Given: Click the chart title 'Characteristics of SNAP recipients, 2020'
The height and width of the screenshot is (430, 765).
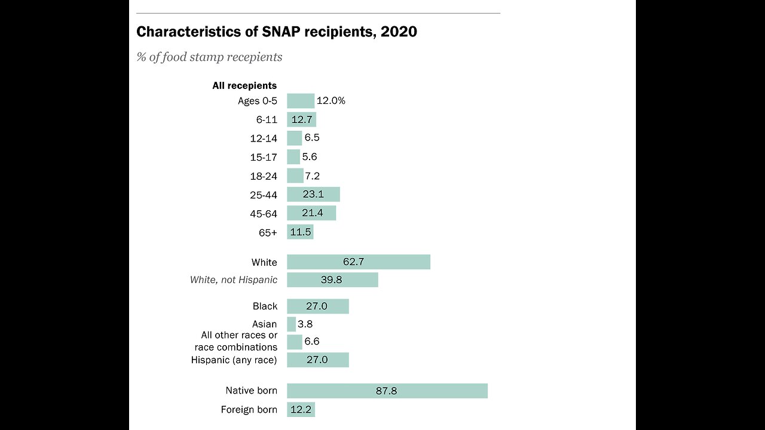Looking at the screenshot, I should pyautogui.click(x=277, y=32).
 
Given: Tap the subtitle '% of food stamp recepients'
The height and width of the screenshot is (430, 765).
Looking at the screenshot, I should pyautogui.click(x=209, y=57).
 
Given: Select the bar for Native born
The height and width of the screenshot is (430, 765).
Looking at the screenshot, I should pyautogui.click(x=387, y=391).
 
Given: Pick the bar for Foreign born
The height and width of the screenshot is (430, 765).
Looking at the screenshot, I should pyautogui.click(x=301, y=410).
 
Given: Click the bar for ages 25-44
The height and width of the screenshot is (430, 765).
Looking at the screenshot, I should pyautogui.click(x=313, y=194).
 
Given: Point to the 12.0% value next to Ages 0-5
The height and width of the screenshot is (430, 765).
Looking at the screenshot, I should pyautogui.click(x=331, y=101).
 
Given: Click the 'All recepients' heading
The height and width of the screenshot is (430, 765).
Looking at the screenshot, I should pyautogui.click(x=244, y=85).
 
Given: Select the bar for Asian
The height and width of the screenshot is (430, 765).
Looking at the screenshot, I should pyautogui.click(x=291, y=324).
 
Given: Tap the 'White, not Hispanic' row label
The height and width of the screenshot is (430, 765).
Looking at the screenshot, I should pyautogui.click(x=234, y=279).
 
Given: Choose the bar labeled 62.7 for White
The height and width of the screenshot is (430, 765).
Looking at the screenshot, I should pyautogui.click(x=359, y=262).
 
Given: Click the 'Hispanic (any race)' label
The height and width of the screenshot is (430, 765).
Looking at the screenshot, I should pyautogui.click(x=234, y=360).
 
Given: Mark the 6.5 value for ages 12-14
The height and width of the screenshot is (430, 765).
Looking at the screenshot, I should pyautogui.click(x=312, y=138).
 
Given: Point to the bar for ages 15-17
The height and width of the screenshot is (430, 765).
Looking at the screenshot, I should pyautogui.click(x=293, y=157).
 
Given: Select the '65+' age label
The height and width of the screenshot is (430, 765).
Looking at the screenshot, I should pyautogui.click(x=268, y=233).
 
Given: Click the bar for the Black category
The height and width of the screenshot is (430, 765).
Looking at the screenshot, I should pyautogui.click(x=317, y=306).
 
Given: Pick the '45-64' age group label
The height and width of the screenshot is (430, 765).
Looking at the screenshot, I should pyautogui.click(x=264, y=214).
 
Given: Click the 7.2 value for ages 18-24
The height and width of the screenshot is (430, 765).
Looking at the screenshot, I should pyautogui.click(x=313, y=176).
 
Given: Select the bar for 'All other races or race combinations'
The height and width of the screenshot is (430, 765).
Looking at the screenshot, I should pyautogui.click(x=295, y=342).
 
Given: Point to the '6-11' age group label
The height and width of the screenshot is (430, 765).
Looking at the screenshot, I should pyautogui.click(x=267, y=120).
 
